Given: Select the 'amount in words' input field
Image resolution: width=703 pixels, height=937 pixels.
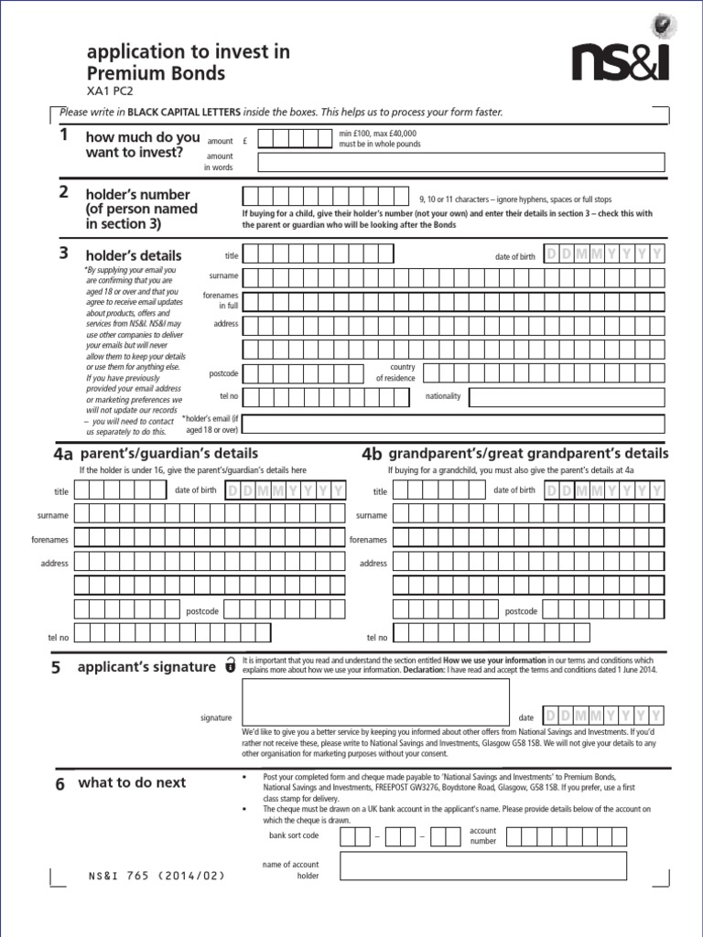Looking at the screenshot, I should click(x=461, y=163).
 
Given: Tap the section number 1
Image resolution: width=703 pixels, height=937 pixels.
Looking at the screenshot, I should click(x=63, y=135).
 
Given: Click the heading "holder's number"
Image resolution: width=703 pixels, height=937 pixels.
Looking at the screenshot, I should click(x=137, y=195).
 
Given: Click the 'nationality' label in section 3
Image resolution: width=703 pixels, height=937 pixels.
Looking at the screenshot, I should click(x=444, y=396).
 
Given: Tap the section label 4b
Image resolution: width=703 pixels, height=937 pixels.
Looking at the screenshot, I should click(x=372, y=455).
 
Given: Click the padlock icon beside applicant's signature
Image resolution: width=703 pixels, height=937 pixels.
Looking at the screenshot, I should click(x=229, y=667).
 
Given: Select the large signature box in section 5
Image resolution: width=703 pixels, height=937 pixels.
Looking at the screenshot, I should click(x=375, y=701).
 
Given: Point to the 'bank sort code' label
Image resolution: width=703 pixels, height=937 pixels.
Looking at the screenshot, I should click(x=294, y=835).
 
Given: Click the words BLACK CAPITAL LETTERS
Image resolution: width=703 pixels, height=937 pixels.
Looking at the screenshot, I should click(x=184, y=112).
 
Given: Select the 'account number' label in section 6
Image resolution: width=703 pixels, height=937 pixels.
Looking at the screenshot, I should click(x=482, y=835).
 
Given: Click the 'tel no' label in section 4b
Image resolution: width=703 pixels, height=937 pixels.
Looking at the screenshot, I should click(x=376, y=638).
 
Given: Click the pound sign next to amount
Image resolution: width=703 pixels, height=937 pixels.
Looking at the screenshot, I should click(x=246, y=142).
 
